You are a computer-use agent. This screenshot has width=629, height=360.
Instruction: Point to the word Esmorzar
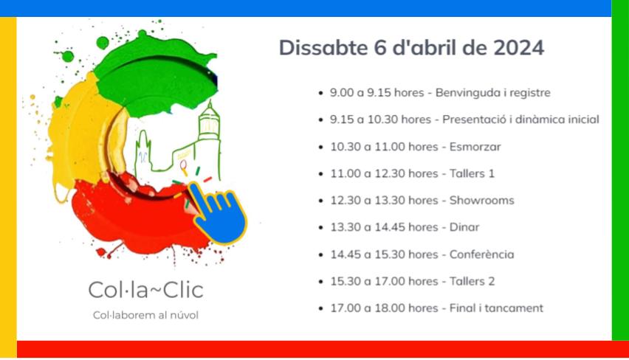click(x=475, y=147)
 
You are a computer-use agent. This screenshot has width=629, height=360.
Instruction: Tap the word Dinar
click(x=464, y=227)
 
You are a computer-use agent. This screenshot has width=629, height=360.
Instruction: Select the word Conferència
click(x=481, y=255)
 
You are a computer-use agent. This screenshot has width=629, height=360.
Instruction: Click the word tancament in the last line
click(x=515, y=308)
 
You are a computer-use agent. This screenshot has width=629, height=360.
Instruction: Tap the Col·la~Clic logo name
click(x=145, y=290)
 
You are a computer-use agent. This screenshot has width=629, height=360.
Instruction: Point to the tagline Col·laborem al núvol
click(x=145, y=315)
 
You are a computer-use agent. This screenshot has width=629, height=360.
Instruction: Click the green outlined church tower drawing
click(x=208, y=129)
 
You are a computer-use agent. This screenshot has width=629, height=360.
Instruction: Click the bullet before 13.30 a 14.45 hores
click(x=320, y=228)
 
